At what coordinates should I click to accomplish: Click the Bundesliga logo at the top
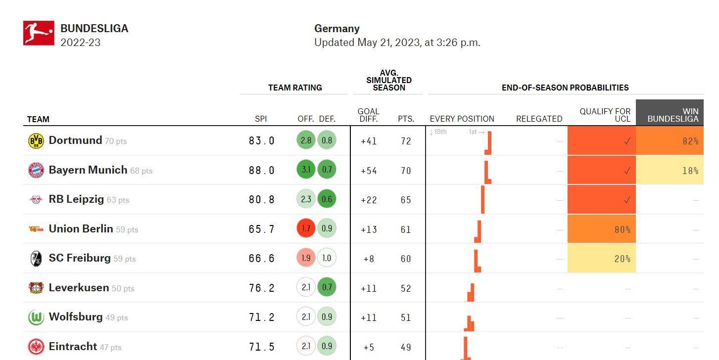(39, 33)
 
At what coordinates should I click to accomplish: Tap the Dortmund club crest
(36, 140)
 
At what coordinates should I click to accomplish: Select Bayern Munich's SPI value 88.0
(262, 170)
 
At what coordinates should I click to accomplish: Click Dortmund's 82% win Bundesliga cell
(670, 140)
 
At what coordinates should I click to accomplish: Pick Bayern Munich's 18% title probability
(670, 170)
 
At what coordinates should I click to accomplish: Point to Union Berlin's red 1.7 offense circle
(306, 228)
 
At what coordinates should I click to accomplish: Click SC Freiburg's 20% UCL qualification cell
(602, 258)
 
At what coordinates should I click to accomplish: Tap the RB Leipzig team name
(76, 199)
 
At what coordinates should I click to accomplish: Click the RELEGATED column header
(539, 119)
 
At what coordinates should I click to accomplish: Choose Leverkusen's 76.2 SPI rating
(262, 288)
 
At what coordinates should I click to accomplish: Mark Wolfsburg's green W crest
(36, 317)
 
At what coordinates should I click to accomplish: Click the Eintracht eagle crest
(36, 347)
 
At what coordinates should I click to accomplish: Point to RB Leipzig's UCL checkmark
(627, 200)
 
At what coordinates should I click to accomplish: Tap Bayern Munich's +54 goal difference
(369, 171)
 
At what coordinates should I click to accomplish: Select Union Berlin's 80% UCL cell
(602, 229)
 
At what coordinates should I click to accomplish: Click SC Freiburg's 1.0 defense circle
(327, 258)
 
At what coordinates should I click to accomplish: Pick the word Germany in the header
(336, 29)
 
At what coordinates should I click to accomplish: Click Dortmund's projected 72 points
(406, 141)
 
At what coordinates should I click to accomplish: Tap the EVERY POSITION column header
(462, 119)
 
